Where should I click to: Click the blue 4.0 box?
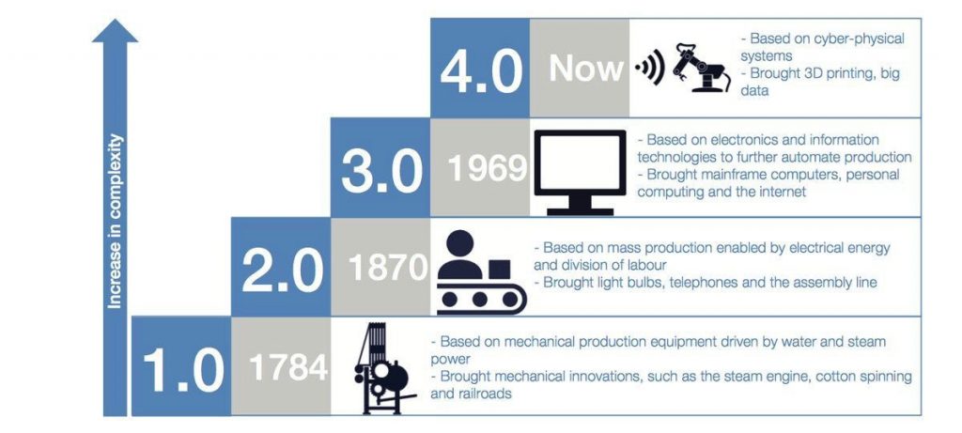(480, 68)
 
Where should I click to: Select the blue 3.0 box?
(380, 167)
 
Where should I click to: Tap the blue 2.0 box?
(281, 267)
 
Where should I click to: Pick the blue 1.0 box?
(181, 366)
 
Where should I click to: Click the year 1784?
(288, 367)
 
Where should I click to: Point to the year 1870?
(388, 268)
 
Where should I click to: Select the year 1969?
(488, 168)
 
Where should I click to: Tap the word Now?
(586, 68)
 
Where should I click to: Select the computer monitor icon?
(581, 172)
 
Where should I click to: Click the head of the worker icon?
(460, 243)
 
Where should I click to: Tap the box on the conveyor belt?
(500, 270)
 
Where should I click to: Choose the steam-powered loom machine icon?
(383, 368)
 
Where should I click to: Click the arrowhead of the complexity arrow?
(115, 30)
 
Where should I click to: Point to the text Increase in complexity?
(115, 221)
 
